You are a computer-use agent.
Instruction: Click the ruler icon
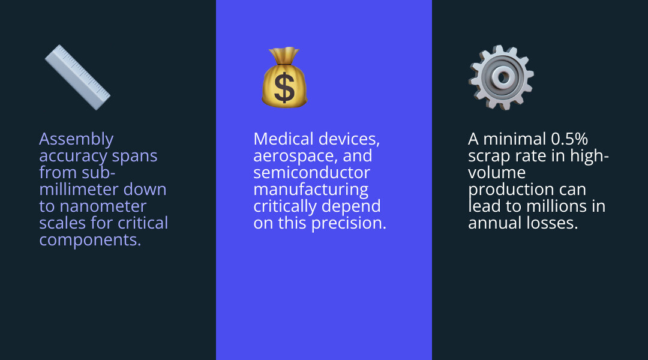pos(77,77)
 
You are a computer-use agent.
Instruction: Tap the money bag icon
pos(284,79)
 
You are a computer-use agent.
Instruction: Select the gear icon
pos(502,77)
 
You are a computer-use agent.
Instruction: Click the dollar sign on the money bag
pos(284,87)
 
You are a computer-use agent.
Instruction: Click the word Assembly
pos(76,139)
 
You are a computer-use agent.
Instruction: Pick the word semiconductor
pos(311,173)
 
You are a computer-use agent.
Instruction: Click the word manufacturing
pos(310,190)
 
